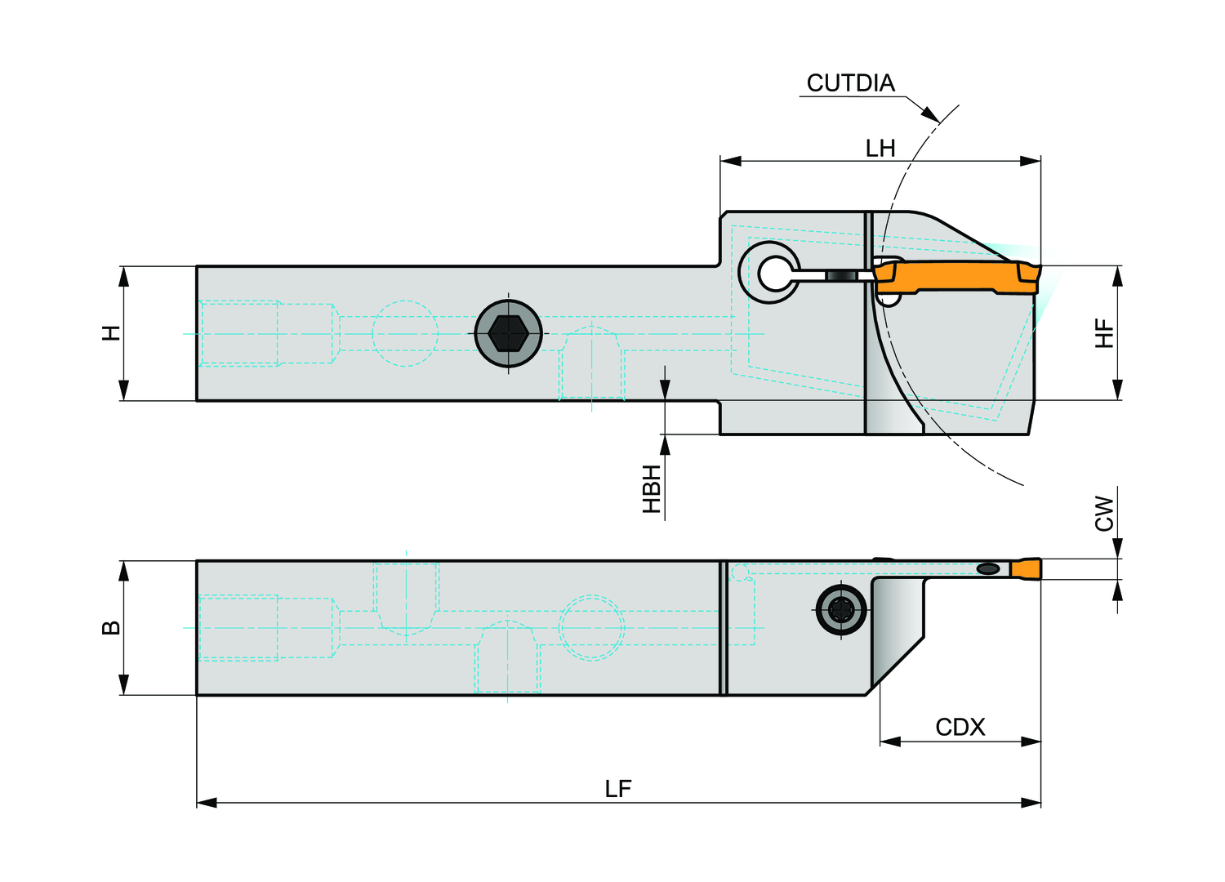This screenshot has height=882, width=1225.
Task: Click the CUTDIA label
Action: point(850,83)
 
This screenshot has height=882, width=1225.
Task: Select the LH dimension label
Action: point(880,148)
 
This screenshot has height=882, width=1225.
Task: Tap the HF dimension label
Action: point(1104,333)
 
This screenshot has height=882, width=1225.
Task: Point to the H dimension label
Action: point(111,333)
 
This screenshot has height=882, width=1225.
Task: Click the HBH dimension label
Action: point(651,489)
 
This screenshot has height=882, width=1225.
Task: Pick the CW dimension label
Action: point(1104,514)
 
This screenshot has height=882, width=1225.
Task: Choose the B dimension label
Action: point(111,628)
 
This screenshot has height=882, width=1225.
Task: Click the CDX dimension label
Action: point(960,727)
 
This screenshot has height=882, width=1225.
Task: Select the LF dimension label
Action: point(618,788)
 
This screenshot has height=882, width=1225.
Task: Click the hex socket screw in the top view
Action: point(508,333)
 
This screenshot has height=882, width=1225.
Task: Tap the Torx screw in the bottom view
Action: point(841,608)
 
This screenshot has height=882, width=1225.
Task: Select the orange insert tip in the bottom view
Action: point(1026,568)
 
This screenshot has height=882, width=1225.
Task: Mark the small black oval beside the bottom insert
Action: point(988,568)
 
